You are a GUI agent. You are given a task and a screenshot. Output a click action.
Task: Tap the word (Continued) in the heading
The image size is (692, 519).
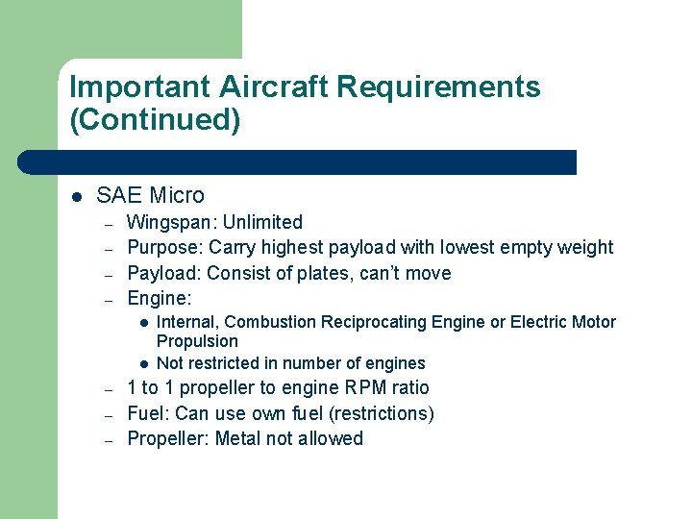tap(155, 120)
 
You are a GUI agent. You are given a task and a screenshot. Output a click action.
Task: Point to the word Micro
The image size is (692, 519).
tap(177, 195)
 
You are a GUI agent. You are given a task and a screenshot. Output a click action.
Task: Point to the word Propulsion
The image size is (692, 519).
tap(197, 341)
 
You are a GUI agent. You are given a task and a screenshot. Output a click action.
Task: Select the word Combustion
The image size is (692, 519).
tap(270, 322)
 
